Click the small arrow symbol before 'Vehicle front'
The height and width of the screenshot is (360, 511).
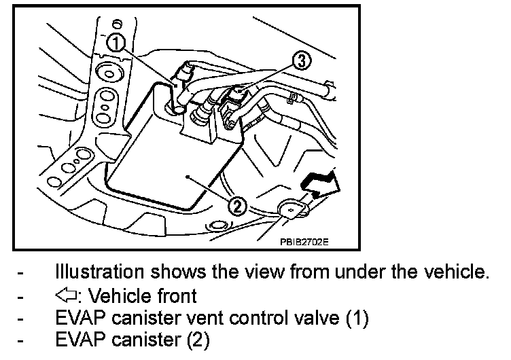tap(65, 296)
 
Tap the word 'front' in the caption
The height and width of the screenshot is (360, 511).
tap(176, 296)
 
